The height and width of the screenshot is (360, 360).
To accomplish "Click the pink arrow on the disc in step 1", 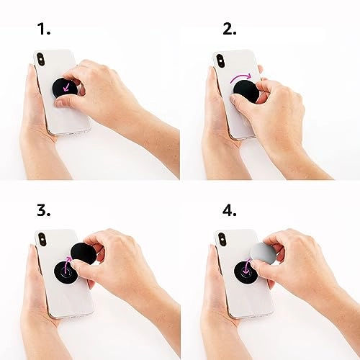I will click(x=68, y=88).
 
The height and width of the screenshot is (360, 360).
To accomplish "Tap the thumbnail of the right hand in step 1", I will click(x=63, y=102).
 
